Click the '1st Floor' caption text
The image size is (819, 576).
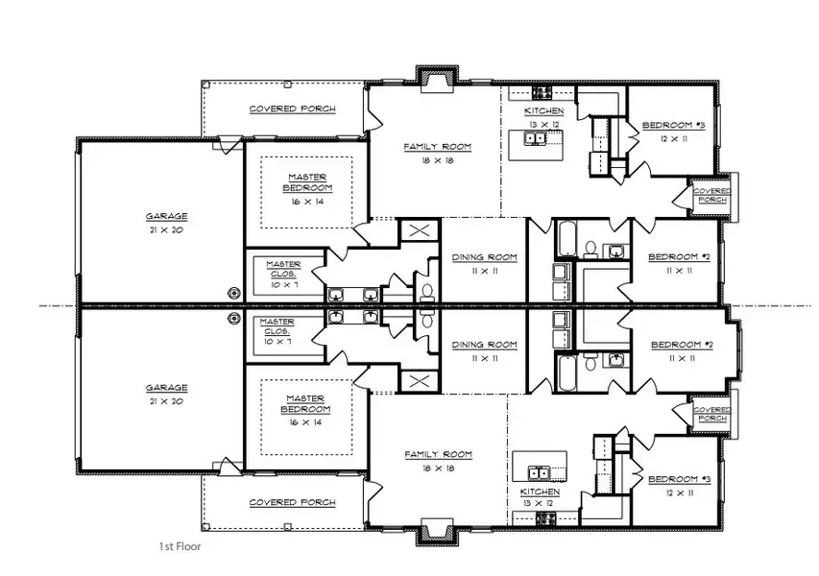(180, 546)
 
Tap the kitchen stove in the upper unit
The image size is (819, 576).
(542, 94)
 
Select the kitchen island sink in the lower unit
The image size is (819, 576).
(537, 471)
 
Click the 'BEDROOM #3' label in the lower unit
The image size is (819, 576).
(679, 479)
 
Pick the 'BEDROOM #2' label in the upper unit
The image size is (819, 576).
(679, 256)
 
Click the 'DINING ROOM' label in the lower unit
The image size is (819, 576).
(484, 345)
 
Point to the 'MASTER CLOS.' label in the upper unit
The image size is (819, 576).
(283, 269)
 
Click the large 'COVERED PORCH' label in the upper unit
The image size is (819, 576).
(292, 109)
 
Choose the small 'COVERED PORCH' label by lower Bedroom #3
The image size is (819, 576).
(711, 414)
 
